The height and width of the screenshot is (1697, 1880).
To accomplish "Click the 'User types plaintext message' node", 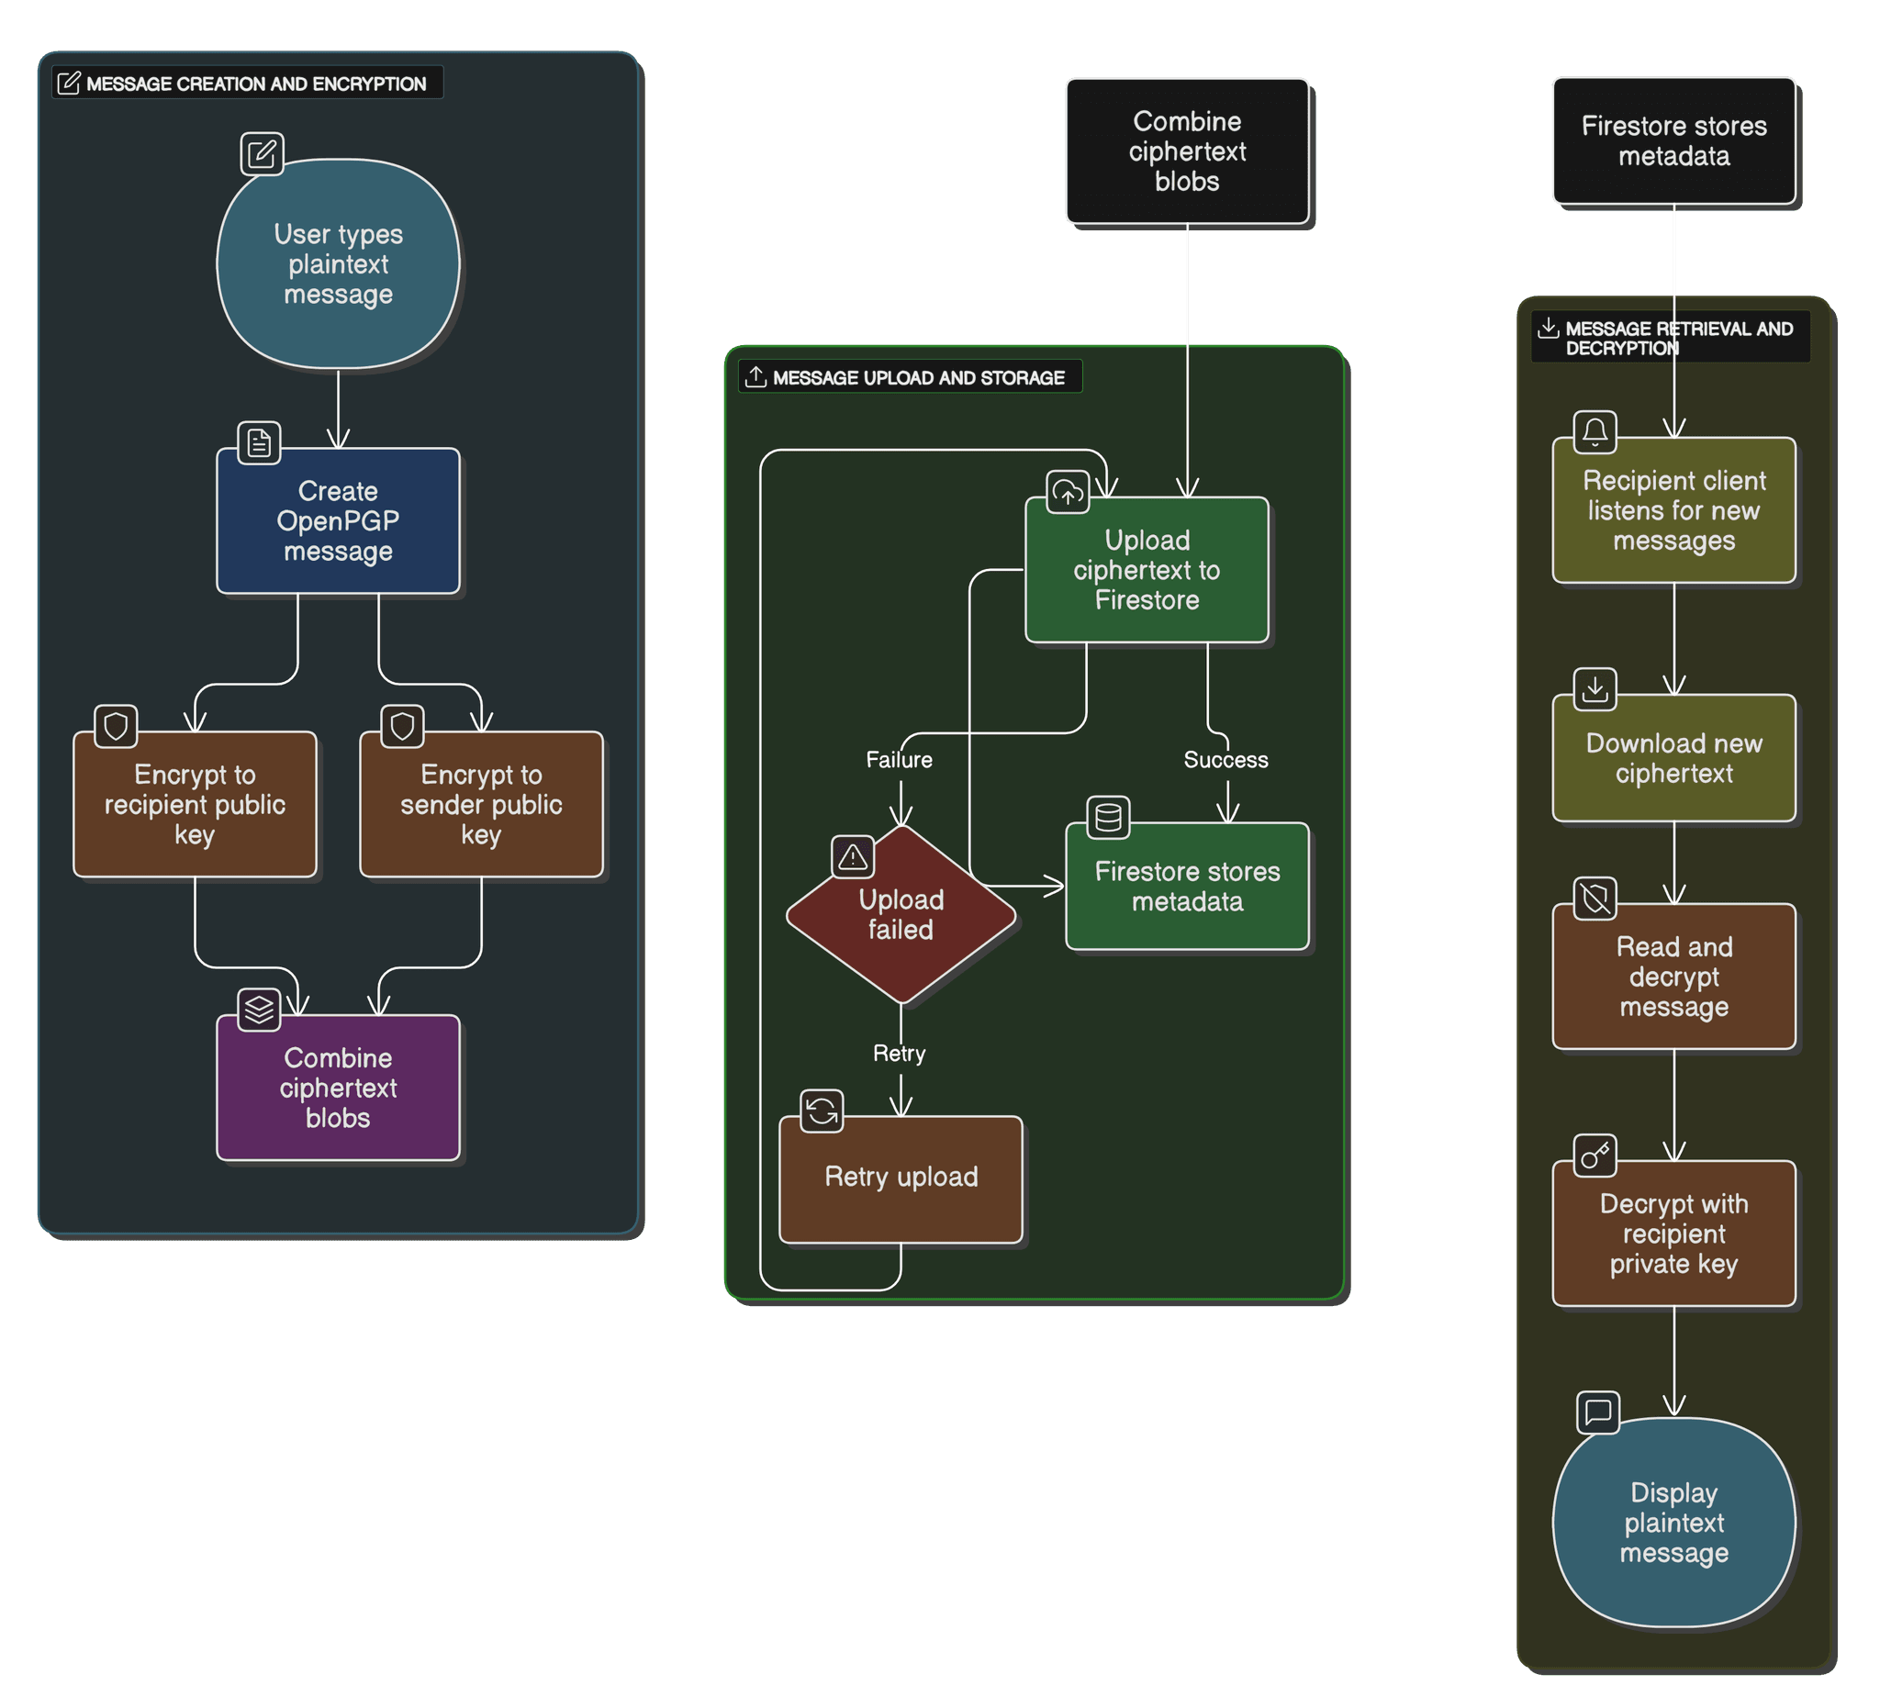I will coord(338,264).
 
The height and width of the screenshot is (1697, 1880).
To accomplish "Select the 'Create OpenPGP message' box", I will coord(338,521).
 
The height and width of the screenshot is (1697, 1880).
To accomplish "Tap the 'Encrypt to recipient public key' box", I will coord(194,804).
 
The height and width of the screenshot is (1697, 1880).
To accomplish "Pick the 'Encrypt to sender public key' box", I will coord(481,804).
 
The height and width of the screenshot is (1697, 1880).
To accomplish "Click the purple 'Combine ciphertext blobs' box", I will coord(338,1088).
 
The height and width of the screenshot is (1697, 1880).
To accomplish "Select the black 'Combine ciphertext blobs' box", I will coord(1186,151).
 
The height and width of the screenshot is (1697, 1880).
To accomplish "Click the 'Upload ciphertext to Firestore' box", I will coord(1147,570).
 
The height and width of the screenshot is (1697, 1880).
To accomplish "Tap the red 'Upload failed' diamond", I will coord(900,915).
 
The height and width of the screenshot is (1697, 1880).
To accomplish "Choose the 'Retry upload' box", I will coord(900,1178).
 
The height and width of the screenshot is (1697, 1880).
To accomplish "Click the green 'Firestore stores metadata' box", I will coord(1186,886).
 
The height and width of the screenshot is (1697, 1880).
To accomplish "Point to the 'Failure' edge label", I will coord(898,760).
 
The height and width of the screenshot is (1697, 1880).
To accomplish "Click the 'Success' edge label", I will coord(1225,760).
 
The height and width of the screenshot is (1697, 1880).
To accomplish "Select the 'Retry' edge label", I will coord(899,1054).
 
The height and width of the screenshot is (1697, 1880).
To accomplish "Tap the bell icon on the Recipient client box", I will coord(1595,431).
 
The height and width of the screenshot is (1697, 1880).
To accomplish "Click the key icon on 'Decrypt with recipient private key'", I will coord(1595,1156).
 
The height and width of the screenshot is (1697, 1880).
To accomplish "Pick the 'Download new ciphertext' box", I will coord(1673,758).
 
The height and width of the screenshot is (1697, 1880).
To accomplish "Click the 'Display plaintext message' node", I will coord(1673,1523).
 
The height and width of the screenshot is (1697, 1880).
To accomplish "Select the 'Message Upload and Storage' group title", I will coord(918,377).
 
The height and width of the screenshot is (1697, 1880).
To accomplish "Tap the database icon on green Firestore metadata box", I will coord(1108,818).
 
